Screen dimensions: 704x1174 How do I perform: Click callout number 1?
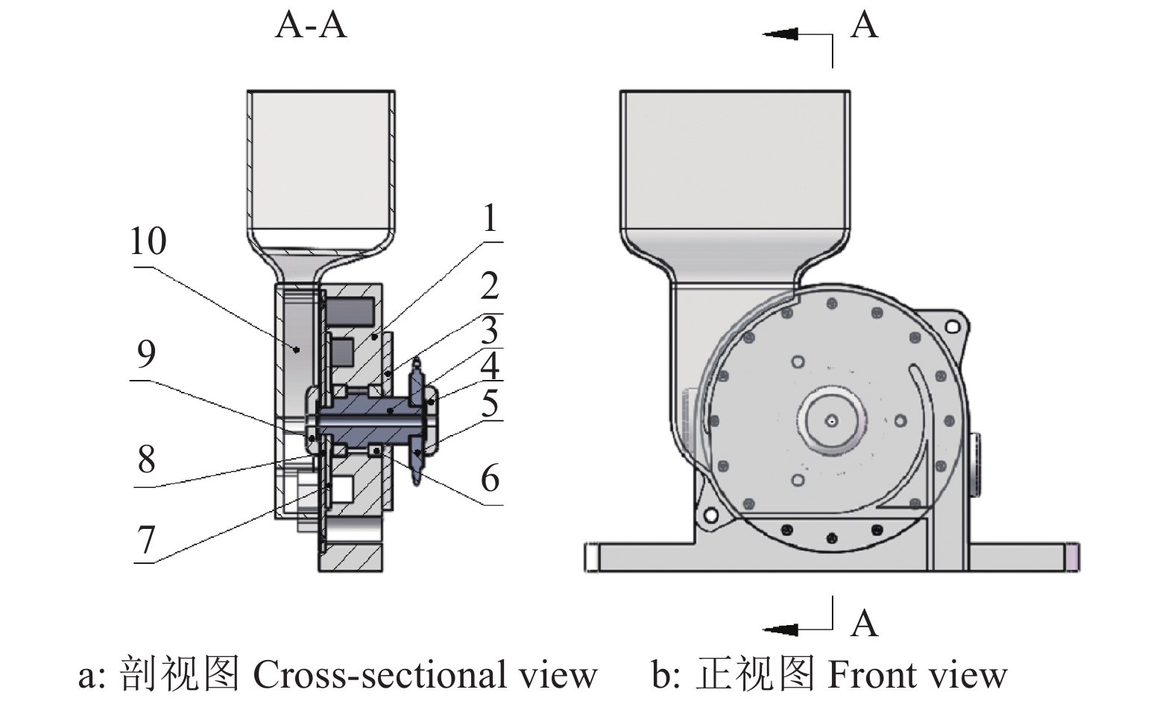(489, 219)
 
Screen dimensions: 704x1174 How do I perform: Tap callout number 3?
(489, 330)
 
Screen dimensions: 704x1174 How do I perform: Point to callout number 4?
(489, 367)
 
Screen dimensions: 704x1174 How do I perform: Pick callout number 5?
(489, 404)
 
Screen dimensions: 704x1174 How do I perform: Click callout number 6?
(489, 478)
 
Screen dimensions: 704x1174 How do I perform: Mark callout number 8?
(146, 460)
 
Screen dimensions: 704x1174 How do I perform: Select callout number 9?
(146, 354)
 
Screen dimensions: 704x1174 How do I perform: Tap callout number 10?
(148, 241)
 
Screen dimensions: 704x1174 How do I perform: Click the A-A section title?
(311, 25)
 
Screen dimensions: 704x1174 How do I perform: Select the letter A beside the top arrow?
(864, 25)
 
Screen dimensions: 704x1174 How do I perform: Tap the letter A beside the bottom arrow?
(864, 623)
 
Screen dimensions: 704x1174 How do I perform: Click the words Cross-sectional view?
(425, 675)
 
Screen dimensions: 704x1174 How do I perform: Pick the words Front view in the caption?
(917, 675)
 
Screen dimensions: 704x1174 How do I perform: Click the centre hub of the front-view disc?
(831, 420)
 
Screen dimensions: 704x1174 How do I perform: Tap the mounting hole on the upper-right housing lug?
(952, 326)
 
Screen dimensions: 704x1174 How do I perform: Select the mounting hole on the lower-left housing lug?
(711, 515)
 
